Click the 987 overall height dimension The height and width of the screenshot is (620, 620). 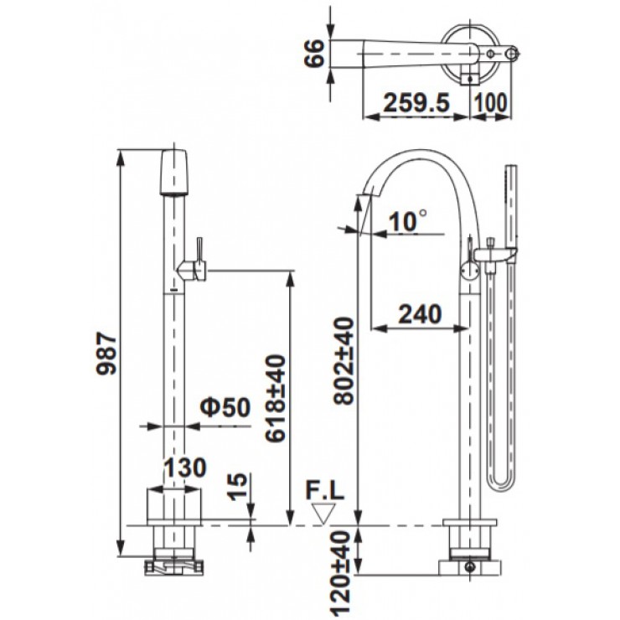click(106, 351)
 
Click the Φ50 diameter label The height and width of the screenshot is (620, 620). click(225, 407)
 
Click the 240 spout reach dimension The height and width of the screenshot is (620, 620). click(418, 313)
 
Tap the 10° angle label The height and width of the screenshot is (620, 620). click(408, 220)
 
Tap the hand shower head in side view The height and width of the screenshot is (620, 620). click(508, 201)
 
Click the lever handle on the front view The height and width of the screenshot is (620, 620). click(199, 251)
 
